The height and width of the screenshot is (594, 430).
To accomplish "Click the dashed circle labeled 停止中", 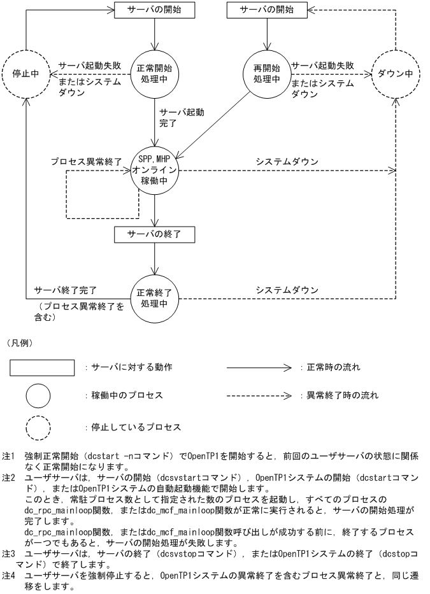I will pos(26,73).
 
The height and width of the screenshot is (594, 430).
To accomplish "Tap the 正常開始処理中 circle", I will pos(154,73).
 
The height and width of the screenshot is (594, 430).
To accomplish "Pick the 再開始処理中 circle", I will pos(267,73).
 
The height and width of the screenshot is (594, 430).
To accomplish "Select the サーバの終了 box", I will pos(154,234).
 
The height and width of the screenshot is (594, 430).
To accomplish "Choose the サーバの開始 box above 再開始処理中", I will pos(267,10).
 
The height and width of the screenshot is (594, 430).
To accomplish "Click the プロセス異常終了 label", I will pos(87,162).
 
